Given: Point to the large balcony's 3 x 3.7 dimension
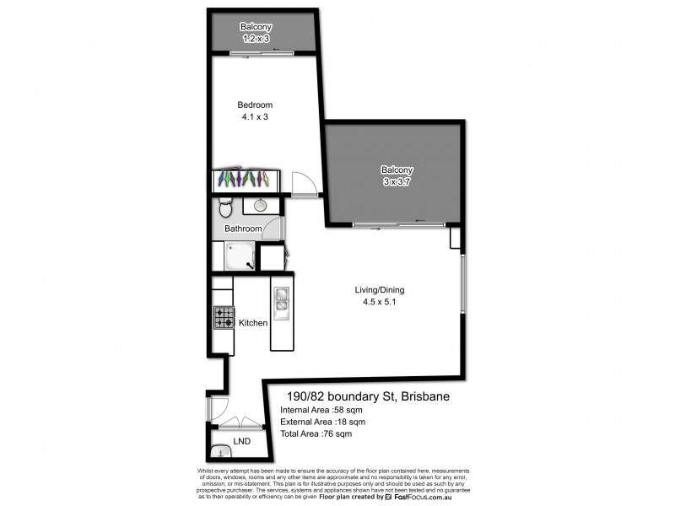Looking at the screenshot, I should [396, 181].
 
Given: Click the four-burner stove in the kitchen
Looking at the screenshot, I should [224, 317].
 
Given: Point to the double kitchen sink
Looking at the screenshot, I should [280, 300].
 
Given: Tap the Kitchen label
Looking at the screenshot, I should [253, 323].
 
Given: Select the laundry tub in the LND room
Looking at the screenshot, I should [221, 451].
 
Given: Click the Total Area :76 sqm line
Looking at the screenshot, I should [316, 434].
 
